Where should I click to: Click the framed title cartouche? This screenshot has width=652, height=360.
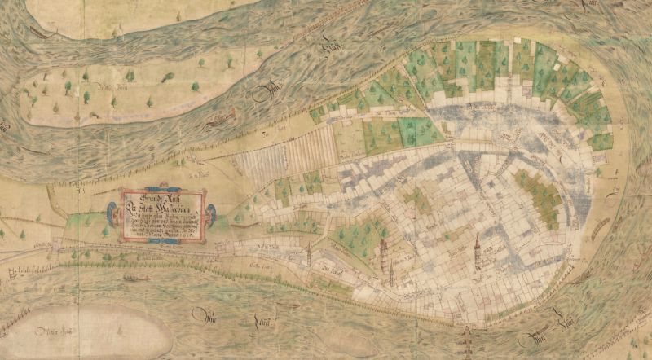coord(161,215)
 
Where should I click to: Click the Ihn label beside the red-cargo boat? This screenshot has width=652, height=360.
coord(262,96)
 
